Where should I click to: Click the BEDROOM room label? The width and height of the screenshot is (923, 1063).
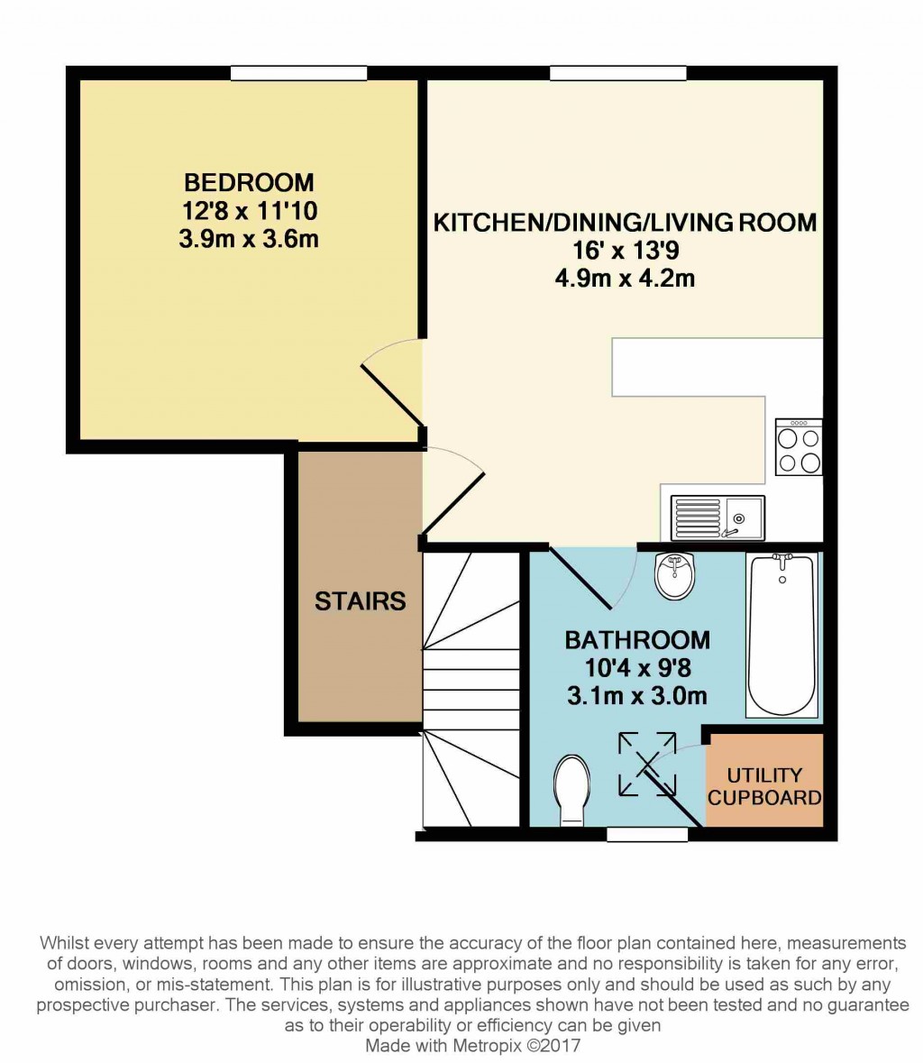click(x=249, y=182)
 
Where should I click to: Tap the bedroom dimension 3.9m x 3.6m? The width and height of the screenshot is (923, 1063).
click(x=249, y=240)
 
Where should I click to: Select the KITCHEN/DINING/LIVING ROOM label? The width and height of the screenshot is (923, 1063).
click(x=625, y=222)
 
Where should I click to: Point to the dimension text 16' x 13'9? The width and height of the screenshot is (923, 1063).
click(x=625, y=251)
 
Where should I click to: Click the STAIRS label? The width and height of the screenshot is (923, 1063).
click(x=360, y=600)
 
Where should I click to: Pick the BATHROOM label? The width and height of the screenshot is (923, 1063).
click(x=637, y=640)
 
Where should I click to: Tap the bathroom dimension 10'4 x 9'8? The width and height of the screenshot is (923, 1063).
click(x=637, y=668)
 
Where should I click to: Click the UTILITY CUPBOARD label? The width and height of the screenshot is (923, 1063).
click(x=764, y=786)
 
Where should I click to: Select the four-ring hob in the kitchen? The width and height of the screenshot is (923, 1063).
click(x=799, y=448)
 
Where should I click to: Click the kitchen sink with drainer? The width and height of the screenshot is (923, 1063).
click(x=717, y=518)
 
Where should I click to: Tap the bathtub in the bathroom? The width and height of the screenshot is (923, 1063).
click(x=782, y=636)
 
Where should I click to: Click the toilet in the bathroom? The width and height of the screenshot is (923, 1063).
click(x=571, y=790)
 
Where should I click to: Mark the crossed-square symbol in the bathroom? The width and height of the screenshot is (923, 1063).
click(x=647, y=765)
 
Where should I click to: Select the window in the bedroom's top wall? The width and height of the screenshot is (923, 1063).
click(x=298, y=73)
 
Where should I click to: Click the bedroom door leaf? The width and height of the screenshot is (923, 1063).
click(x=391, y=394)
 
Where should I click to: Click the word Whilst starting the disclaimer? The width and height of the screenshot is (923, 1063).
click(x=64, y=943)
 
